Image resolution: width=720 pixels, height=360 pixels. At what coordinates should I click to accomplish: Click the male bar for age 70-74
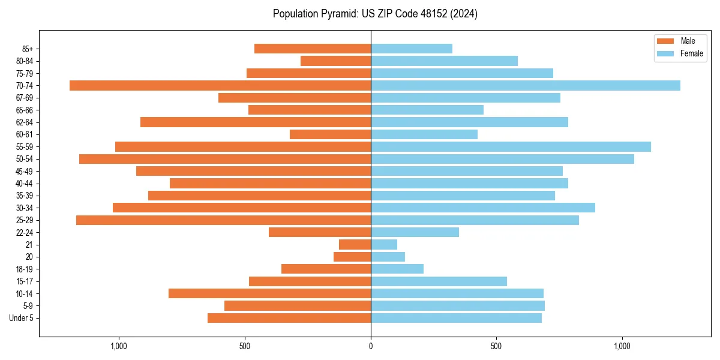pyautogui.click(x=220, y=86)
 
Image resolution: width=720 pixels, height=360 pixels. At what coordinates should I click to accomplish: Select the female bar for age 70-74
pyautogui.click(x=526, y=86)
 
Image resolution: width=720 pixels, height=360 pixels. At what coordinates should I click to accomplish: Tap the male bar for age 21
pyautogui.click(x=355, y=245)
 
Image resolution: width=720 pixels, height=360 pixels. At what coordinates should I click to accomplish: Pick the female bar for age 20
pyautogui.click(x=388, y=257)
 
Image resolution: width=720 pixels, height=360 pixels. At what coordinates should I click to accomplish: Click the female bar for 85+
pyautogui.click(x=412, y=49)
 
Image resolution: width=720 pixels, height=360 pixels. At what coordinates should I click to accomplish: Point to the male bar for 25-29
pyautogui.click(x=223, y=220)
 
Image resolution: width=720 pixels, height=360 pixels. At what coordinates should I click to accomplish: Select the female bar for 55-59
pyautogui.click(x=511, y=147)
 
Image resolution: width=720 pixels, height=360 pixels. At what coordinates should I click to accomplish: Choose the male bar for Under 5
pyautogui.click(x=289, y=318)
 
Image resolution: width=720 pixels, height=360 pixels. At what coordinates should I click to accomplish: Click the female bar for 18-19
pyautogui.click(x=397, y=269)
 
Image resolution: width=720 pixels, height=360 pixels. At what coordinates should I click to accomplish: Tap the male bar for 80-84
pyautogui.click(x=335, y=61)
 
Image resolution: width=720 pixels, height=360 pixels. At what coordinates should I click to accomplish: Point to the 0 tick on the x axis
pyautogui.click(x=371, y=346)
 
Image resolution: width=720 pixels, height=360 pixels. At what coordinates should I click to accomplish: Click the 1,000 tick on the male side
pyautogui.click(x=119, y=346)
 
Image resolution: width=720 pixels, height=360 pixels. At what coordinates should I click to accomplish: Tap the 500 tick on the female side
pyautogui.click(x=496, y=346)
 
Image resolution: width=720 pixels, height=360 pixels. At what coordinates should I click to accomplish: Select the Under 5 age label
pyautogui.click(x=21, y=318)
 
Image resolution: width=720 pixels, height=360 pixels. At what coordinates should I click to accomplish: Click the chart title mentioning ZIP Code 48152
pyautogui.click(x=375, y=14)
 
